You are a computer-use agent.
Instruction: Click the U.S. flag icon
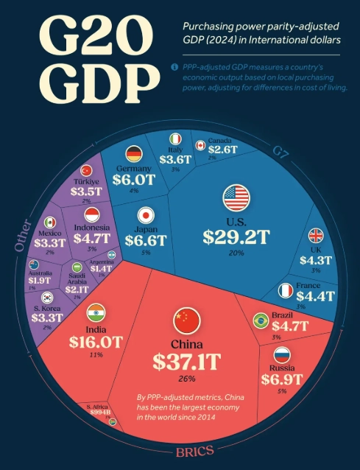click(236, 197)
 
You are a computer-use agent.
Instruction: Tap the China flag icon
click(186, 320)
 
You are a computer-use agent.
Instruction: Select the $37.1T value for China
click(186, 361)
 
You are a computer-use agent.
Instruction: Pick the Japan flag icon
click(146, 216)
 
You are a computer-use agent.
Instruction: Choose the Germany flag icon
click(133, 154)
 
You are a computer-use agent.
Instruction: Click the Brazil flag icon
click(260, 320)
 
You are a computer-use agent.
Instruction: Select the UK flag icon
click(315, 236)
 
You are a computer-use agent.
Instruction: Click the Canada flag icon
click(199, 146)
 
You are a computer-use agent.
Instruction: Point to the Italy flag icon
click(175, 138)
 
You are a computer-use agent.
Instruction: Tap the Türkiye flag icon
click(85, 170)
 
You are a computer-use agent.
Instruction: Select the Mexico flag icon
click(49, 222)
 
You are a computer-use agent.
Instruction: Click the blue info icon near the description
click(174, 67)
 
